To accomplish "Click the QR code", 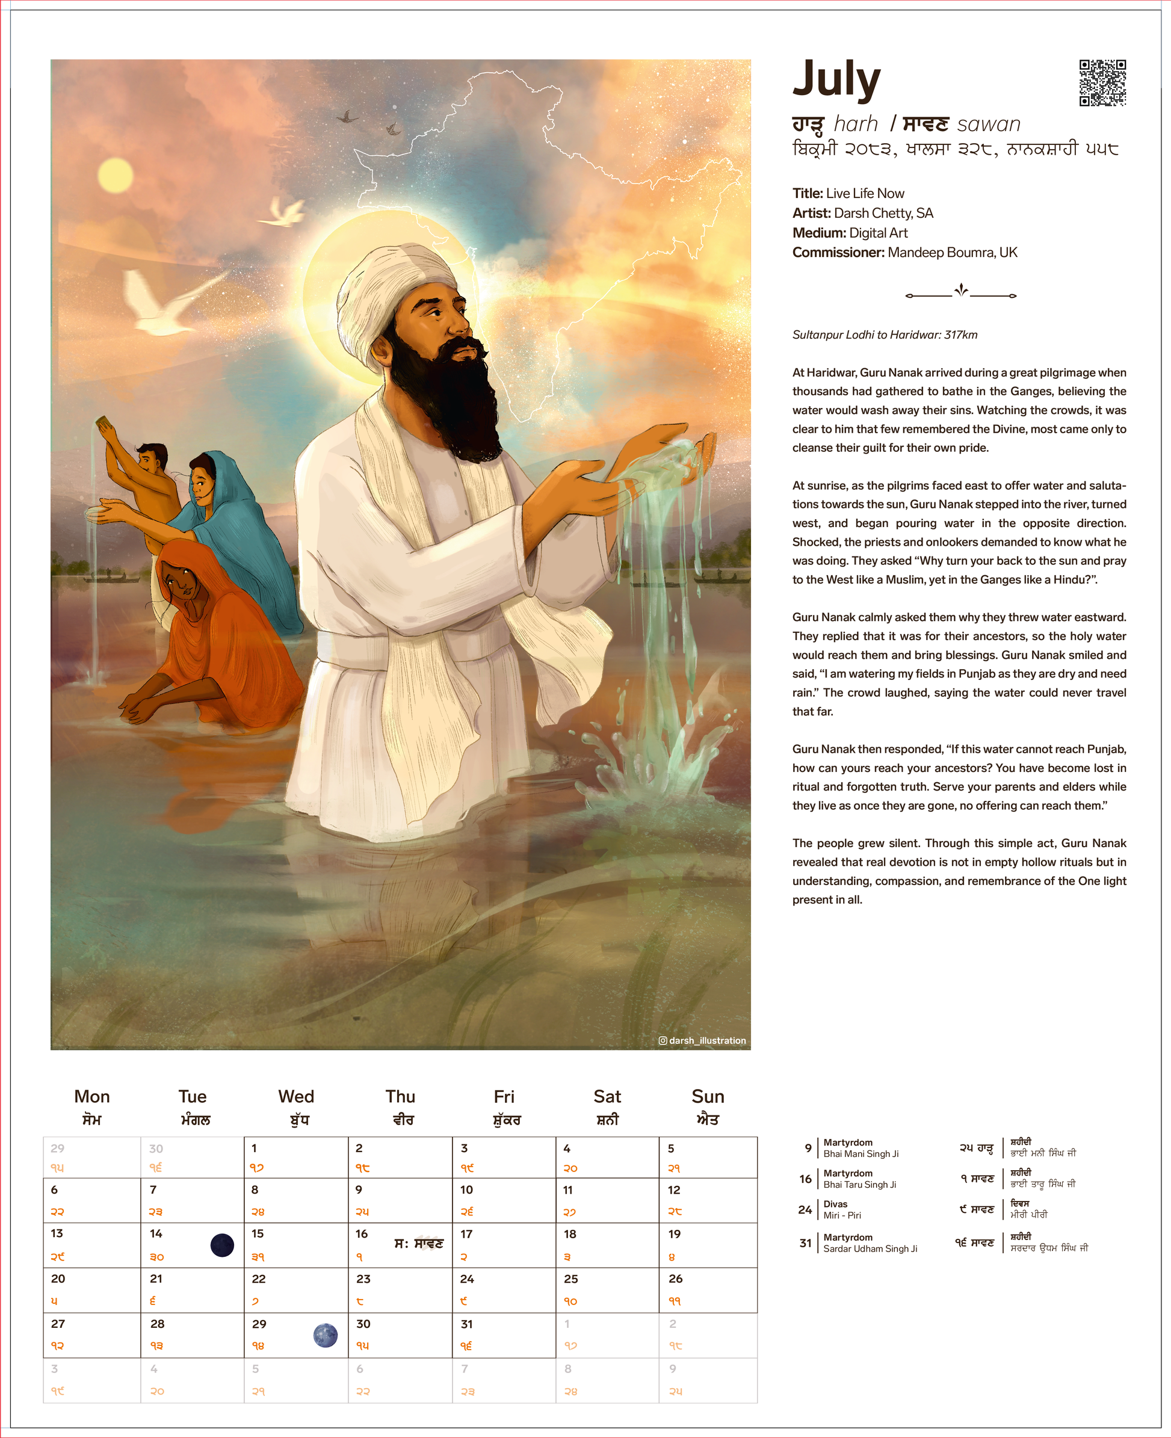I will click(x=1102, y=83).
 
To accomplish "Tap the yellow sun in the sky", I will click(x=116, y=176).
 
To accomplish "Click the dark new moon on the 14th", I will click(x=222, y=1245).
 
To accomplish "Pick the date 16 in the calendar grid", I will click(x=362, y=1233).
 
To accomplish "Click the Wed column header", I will click(x=296, y=1097).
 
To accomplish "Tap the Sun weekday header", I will click(x=708, y=1097).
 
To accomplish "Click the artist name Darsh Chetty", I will click(x=883, y=213).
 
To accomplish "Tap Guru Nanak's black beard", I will click(x=445, y=398).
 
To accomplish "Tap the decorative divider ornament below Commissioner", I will click(x=960, y=292).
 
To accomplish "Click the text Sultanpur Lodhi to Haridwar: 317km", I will click(x=885, y=335).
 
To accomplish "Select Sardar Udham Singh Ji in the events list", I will click(x=870, y=1248).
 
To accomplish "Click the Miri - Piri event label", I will click(x=842, y=1215).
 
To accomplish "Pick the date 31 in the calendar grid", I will click(x=467, y=1324).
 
